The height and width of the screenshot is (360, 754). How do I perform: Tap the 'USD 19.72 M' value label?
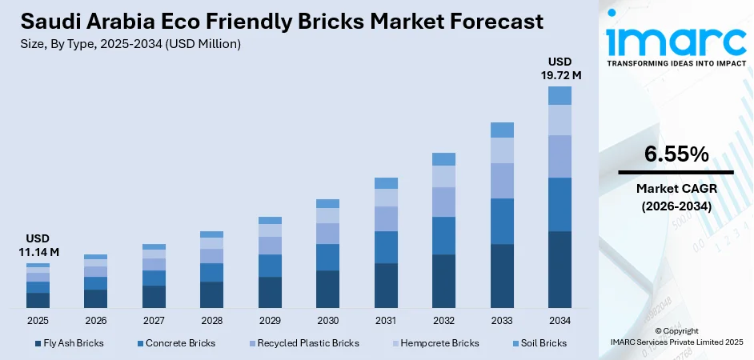[559, 68]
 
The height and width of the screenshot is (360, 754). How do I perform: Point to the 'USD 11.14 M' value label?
[38, 246]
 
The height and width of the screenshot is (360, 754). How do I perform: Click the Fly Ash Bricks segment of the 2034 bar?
[559, 270]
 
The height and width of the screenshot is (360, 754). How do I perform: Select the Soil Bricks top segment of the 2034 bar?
[559, 95]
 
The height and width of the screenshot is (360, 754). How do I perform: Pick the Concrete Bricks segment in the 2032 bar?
[443, 235]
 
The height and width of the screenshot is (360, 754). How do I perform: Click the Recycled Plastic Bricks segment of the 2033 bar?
[502, 181]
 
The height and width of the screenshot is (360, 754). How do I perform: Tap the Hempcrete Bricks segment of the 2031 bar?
[386, 198]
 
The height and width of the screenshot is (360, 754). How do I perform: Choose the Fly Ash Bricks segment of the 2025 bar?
[38, 300]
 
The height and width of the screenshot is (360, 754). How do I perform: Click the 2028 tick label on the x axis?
[211, 320]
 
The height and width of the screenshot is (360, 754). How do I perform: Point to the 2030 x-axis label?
[327, 320]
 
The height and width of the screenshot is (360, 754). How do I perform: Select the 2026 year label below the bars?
[95, 320]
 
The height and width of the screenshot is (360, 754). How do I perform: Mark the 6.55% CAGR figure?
[676, 155]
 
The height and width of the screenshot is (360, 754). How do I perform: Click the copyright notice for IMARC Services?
[676, 337]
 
